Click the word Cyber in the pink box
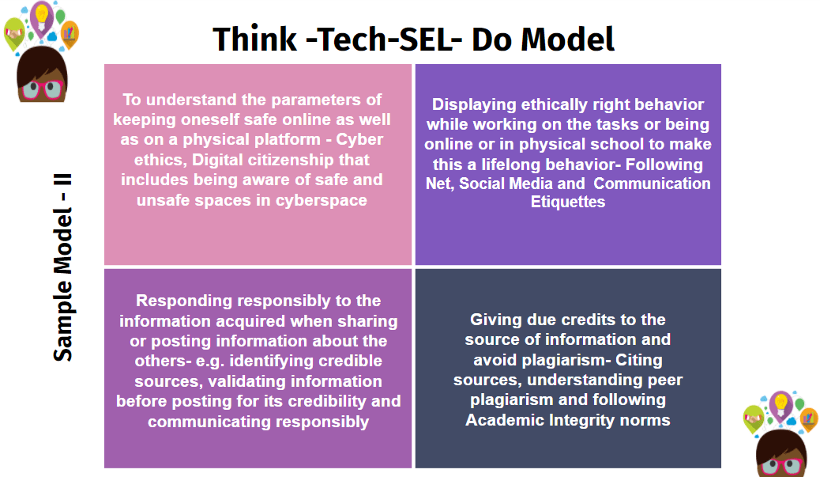(x=360, y=141)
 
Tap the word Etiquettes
(x=567, y=202)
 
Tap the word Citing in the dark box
(x=640, y=360)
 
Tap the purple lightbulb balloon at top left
(x=40, y=14)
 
